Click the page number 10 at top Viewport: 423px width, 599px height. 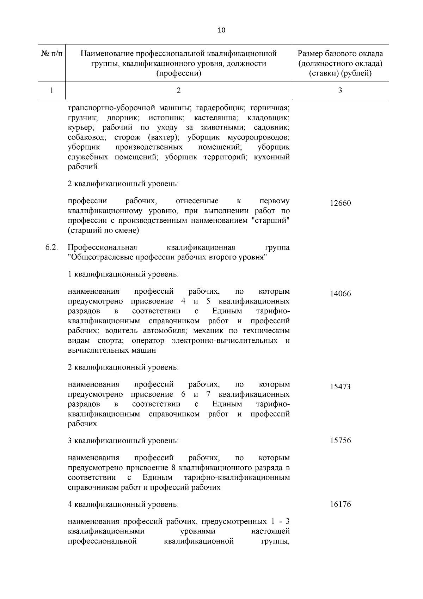[x=221, y=30]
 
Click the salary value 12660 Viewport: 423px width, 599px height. [x=340, y=203]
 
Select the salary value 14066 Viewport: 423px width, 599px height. [x=340, y=294]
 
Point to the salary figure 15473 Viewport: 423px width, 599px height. [x=340, y=387]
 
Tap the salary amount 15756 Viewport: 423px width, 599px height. [x=340, y=441]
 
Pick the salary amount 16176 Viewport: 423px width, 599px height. [x=340, y=504]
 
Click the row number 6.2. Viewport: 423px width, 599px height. [x=51, y=247]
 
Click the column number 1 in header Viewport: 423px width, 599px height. [x=51, y=90]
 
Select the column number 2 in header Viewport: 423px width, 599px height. [x=179, y=90]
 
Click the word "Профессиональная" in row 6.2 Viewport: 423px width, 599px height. [x=102, y=247]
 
